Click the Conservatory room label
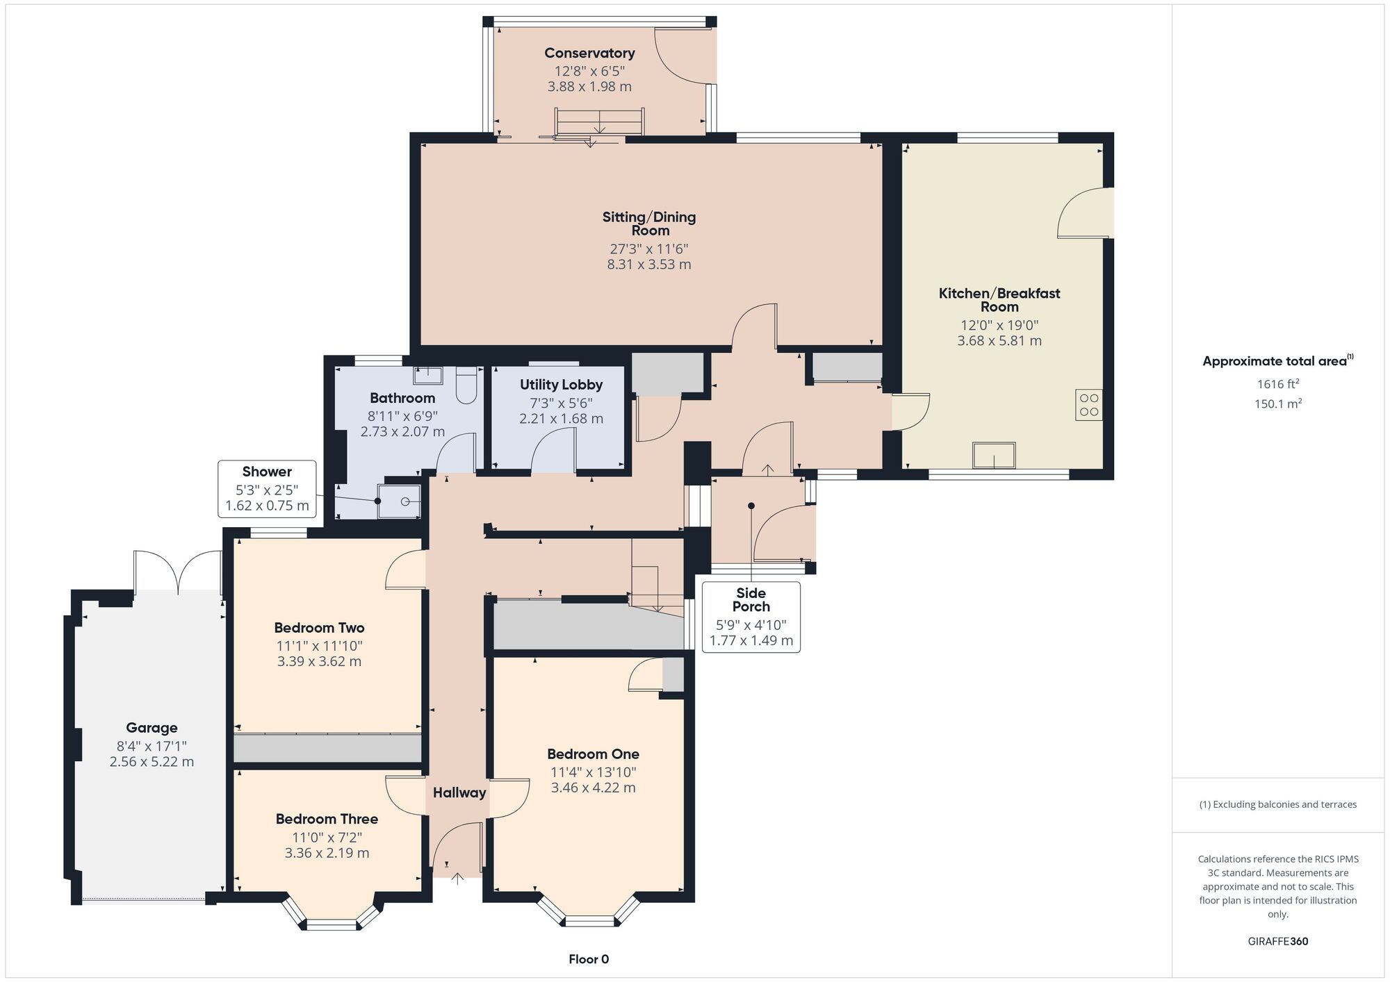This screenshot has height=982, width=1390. tap(589, 53)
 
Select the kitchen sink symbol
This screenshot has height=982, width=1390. tap(994, 456)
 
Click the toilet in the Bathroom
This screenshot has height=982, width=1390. tap(466, 385)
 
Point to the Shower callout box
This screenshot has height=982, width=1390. tap(267, 489)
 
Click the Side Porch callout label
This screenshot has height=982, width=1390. tap(751, 599)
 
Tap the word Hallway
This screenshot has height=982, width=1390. tap(459, 792)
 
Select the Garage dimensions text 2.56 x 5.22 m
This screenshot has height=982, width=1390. tap(152, 762)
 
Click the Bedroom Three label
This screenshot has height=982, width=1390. tap(327, 819)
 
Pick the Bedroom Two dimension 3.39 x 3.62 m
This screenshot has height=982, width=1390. tap(319, 661)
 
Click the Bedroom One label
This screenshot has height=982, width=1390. tap(593, 754)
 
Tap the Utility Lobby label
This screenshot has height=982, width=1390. tap(561, 385)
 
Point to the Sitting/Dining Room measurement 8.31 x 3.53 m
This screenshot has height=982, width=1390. tap(649, 264)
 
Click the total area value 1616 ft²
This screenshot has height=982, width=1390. tap(1278, 383)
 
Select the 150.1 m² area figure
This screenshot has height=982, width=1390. tap(1278, 403)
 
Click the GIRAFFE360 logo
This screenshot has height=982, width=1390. tap(1278, 942)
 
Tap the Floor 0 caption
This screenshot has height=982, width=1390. tap(589, 959)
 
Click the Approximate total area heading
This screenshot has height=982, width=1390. tap(1278, 360)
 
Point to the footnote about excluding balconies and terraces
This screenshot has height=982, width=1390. tap(1278, 804)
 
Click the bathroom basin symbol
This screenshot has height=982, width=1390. tap(428, 375)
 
